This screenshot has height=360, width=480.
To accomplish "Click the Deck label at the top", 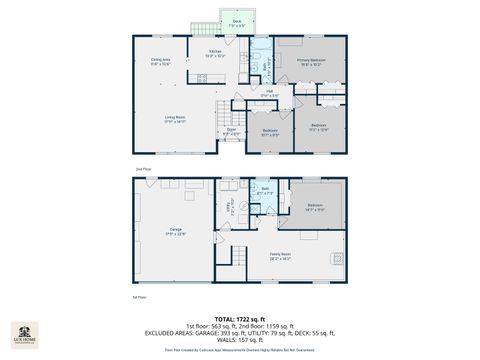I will pos(236,22).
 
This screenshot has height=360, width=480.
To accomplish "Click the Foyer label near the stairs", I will pos(230,131).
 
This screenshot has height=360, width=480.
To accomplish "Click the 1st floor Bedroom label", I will pos(315,207).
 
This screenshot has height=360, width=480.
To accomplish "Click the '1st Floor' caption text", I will pos(140,297).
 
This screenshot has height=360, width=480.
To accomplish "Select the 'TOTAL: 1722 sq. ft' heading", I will pos(240,317).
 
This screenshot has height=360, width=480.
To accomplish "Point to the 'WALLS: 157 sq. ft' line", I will pos(240,339).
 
